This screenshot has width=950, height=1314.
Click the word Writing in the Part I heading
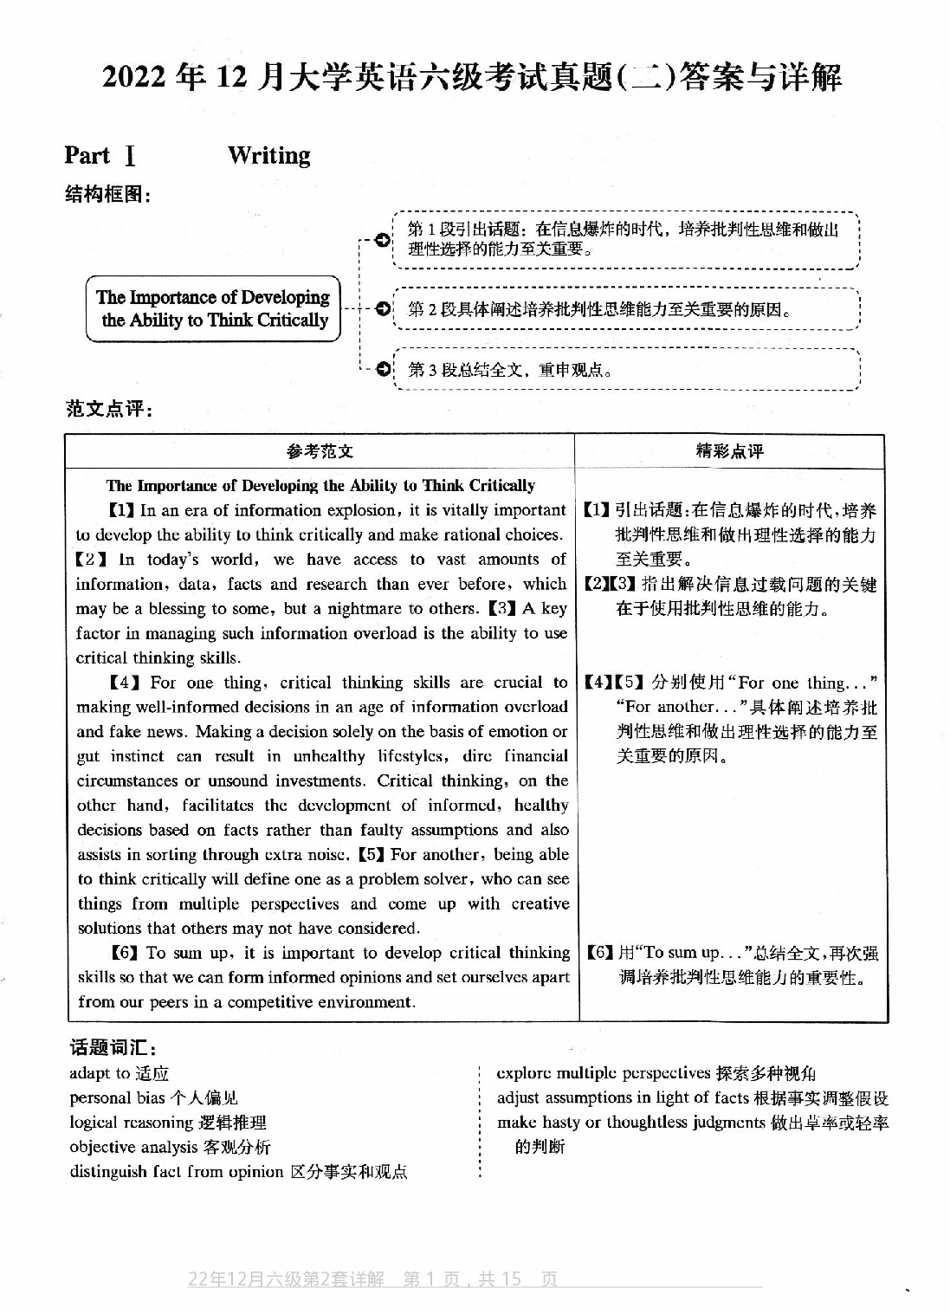(x=268, y=156)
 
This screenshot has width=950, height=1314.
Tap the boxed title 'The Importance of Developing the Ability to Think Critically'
(x=213, y=309)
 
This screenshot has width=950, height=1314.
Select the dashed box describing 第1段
(x=625, y=240)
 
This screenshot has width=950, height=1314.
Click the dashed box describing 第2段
(x=625, y=309)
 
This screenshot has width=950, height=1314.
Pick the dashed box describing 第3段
(x=625, y=370)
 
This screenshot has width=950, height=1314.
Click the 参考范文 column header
(x=320, y=451)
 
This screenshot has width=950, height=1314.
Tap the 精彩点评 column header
(x=730, y=450)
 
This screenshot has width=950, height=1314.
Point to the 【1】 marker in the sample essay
(x=120, y=510)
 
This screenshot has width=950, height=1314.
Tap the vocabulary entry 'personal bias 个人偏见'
(x=153, y=1098)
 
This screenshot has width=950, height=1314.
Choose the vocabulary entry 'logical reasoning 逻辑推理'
(x=168, y=1123)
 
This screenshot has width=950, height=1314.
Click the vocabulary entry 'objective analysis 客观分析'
(x=170, y=1147)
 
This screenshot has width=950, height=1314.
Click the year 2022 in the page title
(x=136, y=79)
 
